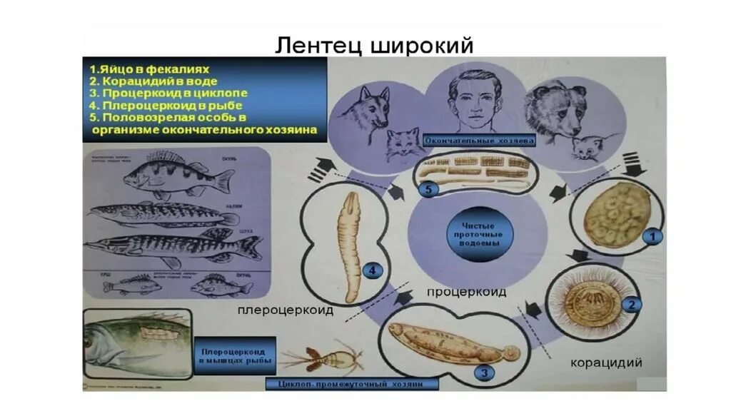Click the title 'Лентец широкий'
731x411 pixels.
tap(375, 45)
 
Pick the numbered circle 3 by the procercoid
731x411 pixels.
tap(485, 372)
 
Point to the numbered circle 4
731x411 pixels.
tap(370, 270)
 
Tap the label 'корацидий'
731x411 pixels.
tap(606, 362)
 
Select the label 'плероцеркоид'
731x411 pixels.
tap(286, 311)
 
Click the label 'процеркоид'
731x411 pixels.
tap(467, 292)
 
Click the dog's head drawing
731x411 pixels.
tap(364, 107)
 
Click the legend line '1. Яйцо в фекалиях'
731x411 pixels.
tap(149, 69)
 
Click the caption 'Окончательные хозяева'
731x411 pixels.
tap(479, 141)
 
